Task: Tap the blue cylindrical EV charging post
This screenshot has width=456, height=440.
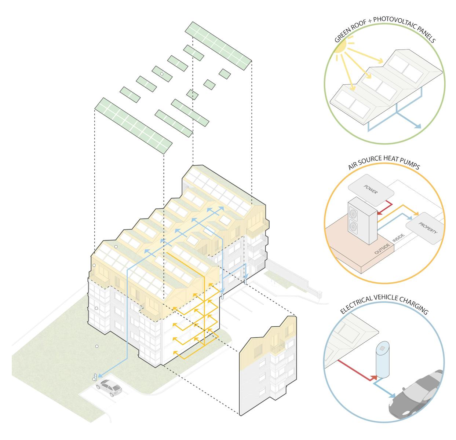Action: [382, 361]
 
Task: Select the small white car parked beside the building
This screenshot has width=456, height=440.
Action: [109, 388]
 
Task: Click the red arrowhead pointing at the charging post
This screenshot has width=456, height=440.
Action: [374, 377]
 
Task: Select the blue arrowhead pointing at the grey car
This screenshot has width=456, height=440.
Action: [392, 396]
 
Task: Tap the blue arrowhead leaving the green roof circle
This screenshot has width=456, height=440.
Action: [417, 126]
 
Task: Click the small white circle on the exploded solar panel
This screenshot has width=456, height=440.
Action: [161, 74]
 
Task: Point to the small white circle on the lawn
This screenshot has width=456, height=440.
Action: [97, 346]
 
